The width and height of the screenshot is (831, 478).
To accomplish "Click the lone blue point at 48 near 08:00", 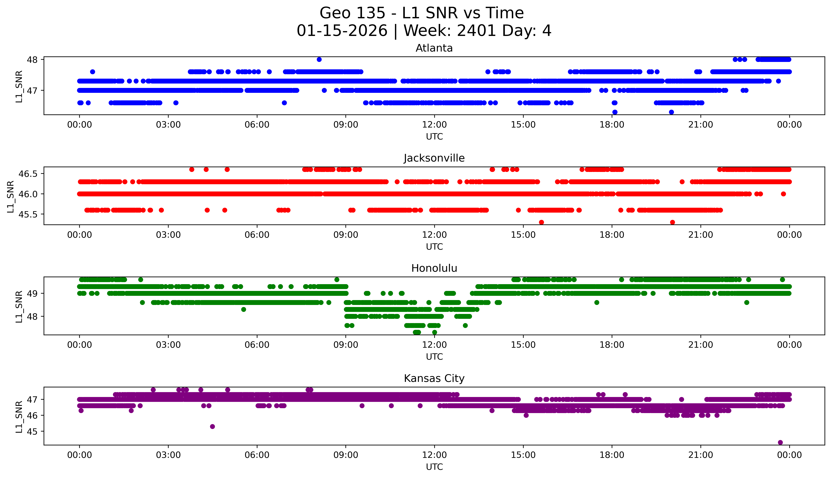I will coord(319,59).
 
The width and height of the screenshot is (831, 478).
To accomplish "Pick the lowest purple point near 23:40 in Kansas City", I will coord(780,442).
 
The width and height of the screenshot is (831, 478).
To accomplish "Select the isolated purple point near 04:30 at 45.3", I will coord(213,426).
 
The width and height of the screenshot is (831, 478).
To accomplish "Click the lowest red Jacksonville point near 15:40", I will coord(541,222).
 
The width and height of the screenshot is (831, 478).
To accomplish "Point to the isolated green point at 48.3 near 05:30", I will coord(244,309).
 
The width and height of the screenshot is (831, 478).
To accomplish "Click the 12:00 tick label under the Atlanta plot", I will coord(434,125).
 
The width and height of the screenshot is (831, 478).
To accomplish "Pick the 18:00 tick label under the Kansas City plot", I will coord(612,455).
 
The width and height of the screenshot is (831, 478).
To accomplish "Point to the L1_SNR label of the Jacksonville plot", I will coord(11,196).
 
